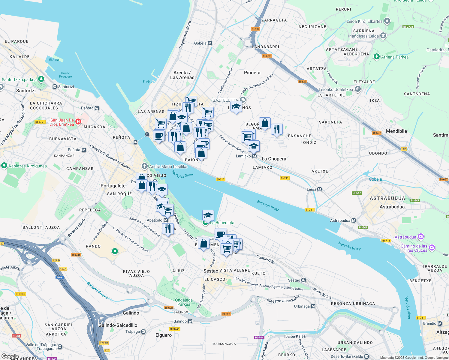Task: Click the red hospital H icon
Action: [x=78, y=121]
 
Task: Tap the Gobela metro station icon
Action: [x=210, y=43]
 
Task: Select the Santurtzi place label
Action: [x=26, y=91]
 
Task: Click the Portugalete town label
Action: [x=113, y=186]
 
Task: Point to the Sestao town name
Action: [x=211, y=271]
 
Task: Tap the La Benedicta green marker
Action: [x=206, y=223]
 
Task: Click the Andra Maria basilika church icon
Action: [x=145, y=166]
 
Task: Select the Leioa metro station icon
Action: [x=320, y=189]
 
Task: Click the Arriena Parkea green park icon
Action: [x=377, y=57]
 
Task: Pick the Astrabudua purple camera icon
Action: [x=420, y=237]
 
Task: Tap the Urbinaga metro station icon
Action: [x=313, y=306]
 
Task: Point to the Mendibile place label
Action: [x=396, y=131]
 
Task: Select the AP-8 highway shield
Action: [x=59, y=277]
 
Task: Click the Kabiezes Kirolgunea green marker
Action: [x=4, y=166]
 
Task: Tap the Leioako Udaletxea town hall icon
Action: [x=357, y=89]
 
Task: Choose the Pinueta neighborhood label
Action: [x=252, y=73]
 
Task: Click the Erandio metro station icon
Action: [x=440, y=323]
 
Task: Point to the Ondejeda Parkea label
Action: [x=184, y=302]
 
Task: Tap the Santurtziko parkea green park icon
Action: [x=41, y=79]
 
